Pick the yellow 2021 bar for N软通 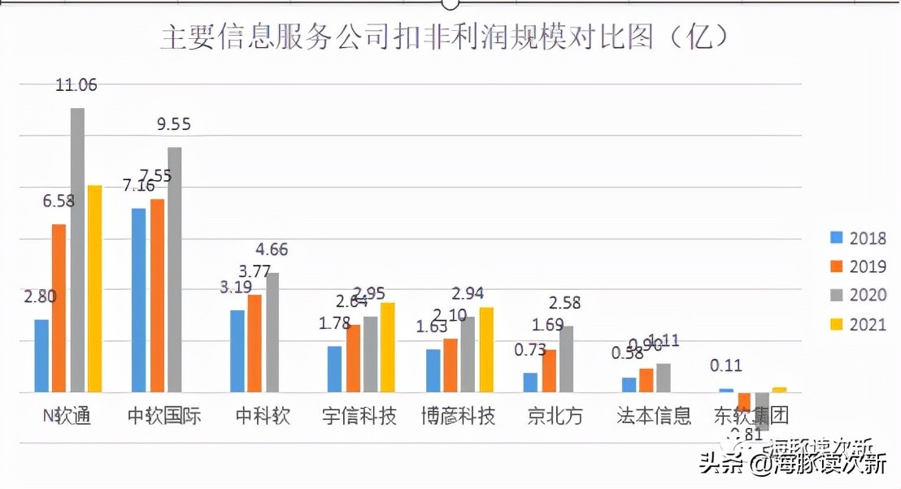pos(95,288)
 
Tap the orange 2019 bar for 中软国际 pos(157,296)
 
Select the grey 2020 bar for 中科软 pos(272,332)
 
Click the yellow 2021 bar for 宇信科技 pos(388,348)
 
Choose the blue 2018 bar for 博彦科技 pos(433,370)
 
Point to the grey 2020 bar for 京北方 pos(567,359)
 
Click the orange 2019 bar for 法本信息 pos(646,380)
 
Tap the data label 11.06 pos(76,84)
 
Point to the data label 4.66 pos(272,249)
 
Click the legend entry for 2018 pos(858,238)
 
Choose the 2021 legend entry pos(858,325)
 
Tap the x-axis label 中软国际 pos(164,417)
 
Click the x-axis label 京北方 pos(555,417)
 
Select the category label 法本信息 pos(655,417)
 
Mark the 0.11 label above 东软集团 pos(726,366)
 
